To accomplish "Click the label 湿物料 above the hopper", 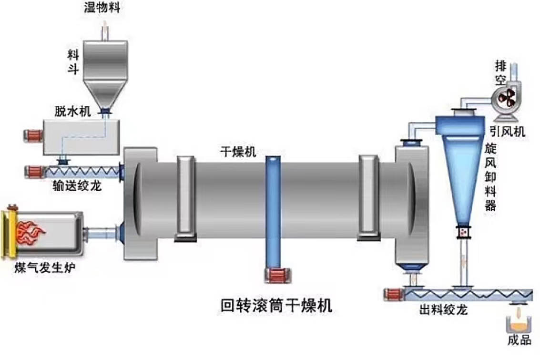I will [x=106, y=8].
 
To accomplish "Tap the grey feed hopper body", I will [x=106, y=64].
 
